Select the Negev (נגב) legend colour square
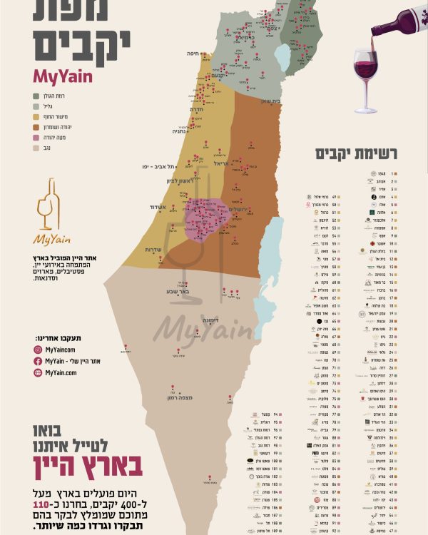(35, 148)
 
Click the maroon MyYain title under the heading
(62, 76)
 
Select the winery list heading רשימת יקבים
(362, 153)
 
